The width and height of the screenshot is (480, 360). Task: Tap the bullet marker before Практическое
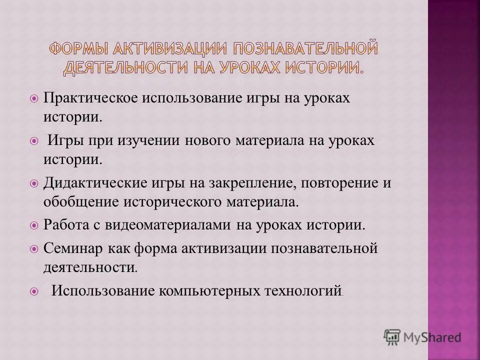click(x=34, y=99)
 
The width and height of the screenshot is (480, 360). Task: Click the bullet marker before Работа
click(x=34, y=225)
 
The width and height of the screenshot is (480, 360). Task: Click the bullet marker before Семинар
click(x=34, y=248)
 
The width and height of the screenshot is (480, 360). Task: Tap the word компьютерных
click(x=204, y=290)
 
